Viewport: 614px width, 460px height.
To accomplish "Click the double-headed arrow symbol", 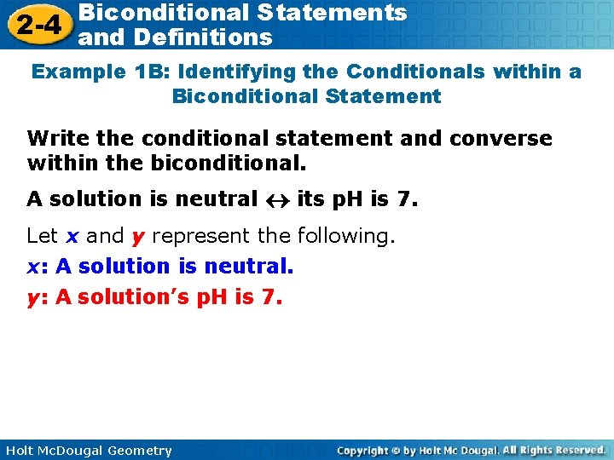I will (x=277, y=200).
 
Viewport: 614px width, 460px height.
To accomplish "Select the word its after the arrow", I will (x=310, y=199).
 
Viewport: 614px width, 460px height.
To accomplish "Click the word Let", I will (x=43, y=236).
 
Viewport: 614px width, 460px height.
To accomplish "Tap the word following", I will (x=345, y=236).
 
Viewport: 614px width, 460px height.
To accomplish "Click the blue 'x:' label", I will (x=38, y=267).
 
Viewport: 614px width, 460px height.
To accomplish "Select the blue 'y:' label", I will (x=38, y=298).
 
